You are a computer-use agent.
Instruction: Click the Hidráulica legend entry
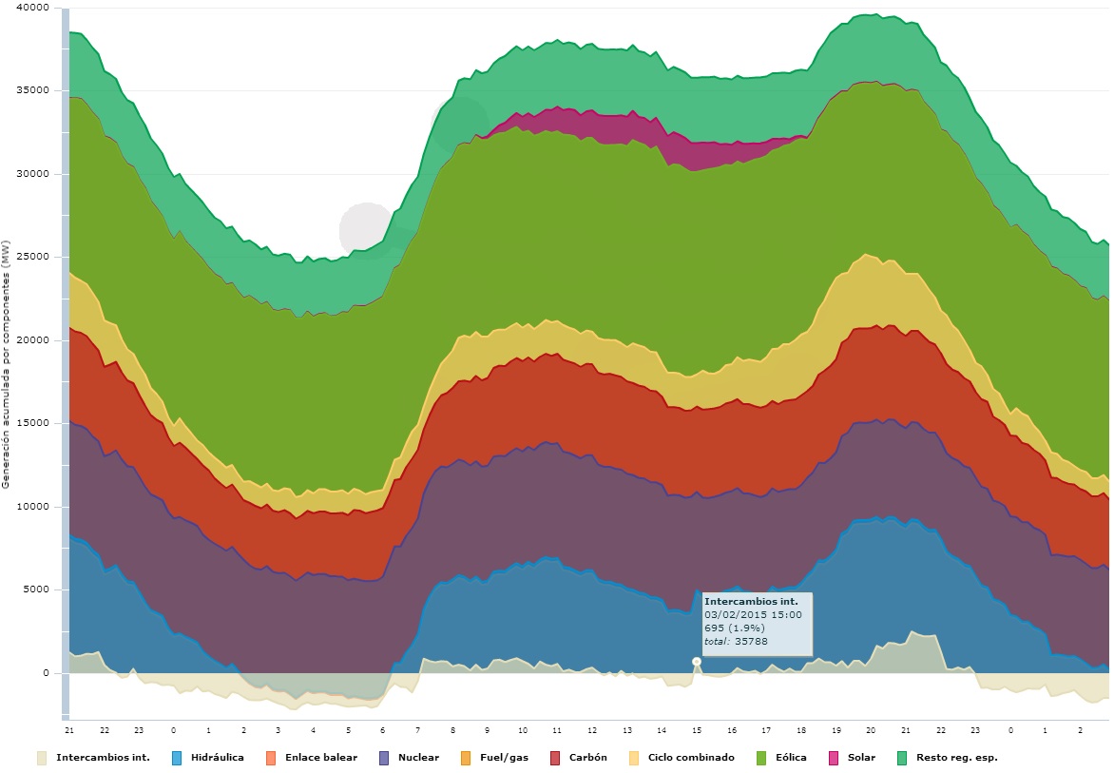pos(216,758)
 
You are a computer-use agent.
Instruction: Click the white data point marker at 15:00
pos(697,661)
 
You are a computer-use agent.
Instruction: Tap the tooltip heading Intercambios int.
pos(744,602)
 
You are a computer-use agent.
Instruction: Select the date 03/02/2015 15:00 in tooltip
pos(753,615)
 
